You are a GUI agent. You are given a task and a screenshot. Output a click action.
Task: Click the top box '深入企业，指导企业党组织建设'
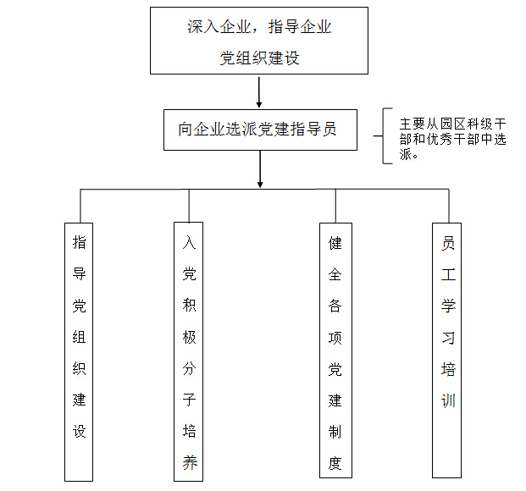point(259,41)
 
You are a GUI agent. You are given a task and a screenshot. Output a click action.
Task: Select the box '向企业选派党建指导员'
point(259,129)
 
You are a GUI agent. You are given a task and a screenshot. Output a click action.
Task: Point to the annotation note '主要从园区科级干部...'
point(452,135)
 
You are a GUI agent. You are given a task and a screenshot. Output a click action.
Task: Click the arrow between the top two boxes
point(259,90)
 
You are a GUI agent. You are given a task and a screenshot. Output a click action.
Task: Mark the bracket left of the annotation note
point(385,135)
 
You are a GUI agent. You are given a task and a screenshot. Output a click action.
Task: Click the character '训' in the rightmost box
point(448,399)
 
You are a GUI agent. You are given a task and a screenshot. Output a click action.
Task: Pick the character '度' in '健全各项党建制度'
point(335,462)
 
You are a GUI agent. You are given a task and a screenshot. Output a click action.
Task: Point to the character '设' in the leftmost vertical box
point(80,430)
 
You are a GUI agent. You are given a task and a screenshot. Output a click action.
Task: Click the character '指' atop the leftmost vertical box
point(80,243)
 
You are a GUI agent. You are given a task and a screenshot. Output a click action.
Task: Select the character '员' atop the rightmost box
point(448,243)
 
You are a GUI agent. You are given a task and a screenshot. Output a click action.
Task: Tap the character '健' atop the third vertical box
point(335,244)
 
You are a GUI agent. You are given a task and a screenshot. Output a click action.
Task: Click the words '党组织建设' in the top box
point(259,59)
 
